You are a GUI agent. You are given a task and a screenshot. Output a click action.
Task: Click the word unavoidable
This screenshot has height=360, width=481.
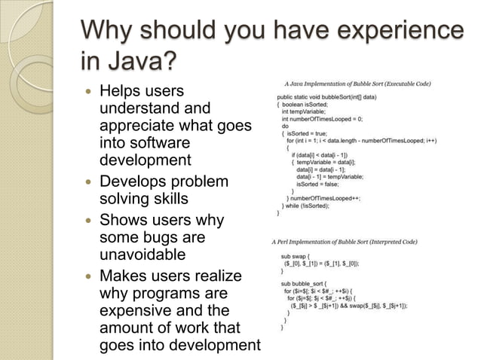point(142,255)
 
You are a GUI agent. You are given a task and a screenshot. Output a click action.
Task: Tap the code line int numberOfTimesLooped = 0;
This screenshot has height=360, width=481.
point(322,119)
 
